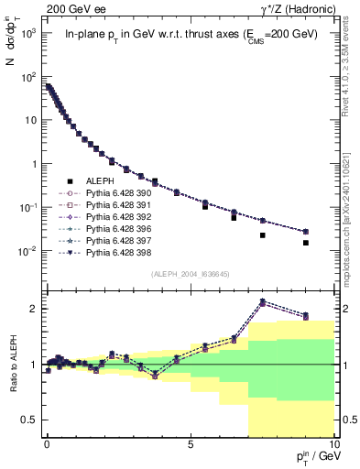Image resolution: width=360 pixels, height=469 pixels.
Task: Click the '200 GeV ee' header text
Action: pos(70,8)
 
